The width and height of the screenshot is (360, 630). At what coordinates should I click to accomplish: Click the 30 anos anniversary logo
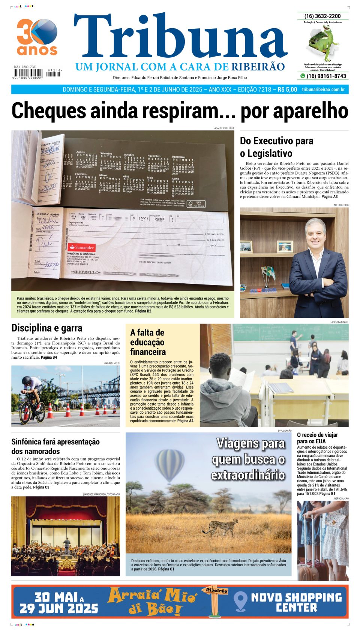[x=37, y=37]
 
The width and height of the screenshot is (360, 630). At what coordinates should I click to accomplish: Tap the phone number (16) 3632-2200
[x=322, y=16]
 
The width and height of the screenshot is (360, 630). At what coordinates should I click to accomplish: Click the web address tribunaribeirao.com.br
[x=323, y=90]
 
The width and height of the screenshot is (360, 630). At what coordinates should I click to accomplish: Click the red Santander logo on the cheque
[x=81, y=247]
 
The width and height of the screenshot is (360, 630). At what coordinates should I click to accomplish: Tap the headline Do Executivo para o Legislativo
[x=276, y=147]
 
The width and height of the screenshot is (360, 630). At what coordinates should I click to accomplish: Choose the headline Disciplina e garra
[x=47, y=328]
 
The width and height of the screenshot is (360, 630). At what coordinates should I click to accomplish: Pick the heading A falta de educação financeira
[x=148, y=342]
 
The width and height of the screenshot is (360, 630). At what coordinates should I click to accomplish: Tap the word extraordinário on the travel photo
[x=248, y=475]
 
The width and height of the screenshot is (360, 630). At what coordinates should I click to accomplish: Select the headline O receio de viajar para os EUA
[x=317, y=438]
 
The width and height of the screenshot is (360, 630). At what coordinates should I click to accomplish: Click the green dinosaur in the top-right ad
[x=323, y=41]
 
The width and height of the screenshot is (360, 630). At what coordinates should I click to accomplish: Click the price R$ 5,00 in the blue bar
[x=287, y=90]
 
